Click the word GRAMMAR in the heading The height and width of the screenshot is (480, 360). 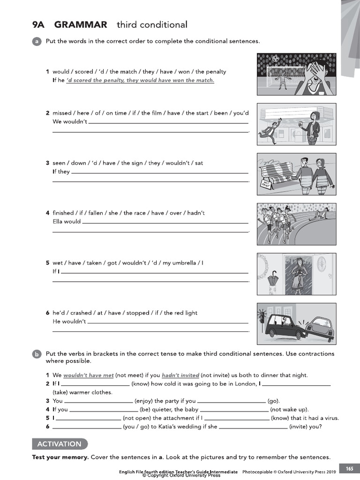81,25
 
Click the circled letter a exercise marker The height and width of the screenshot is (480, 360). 37,42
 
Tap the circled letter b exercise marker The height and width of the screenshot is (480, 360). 37,354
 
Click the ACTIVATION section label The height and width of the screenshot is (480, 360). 60,444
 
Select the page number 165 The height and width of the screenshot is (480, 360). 350,469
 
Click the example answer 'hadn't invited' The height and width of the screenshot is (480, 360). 180,375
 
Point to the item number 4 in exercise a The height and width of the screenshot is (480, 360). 47,213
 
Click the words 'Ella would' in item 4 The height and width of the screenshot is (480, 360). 67,221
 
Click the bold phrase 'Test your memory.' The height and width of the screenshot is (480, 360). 60,457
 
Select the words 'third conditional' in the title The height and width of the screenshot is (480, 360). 152,25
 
